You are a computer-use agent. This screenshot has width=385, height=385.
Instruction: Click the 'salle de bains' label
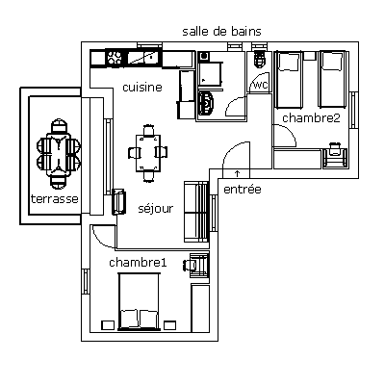pyautogui.click(x=221, y=32)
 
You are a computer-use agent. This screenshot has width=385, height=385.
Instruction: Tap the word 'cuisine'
pyautogui.click(x=142, y=88)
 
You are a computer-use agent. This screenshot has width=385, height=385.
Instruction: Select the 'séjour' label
pyautogui.click(x=156, y=209)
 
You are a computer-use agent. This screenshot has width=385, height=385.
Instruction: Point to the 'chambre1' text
pyautogui.click(x=138, y=263)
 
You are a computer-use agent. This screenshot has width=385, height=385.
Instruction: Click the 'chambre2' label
pyautogui.click(x=311, y=118)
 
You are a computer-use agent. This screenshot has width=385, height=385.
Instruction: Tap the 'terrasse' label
pyautogui.click(x=55, y=199)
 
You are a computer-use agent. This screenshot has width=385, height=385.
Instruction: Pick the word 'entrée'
pyautogui.click(x=243, y=190)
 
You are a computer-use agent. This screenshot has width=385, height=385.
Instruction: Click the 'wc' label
pyautogui.click(x=261, y=86)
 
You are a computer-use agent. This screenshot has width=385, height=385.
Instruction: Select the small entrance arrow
pyautogui.click(x=237, y=173)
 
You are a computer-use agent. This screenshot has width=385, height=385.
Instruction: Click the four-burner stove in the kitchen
pyautogui.click(x=114, y=58)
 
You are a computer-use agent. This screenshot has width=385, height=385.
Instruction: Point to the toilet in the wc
pyautogui.click(x=259, y=59)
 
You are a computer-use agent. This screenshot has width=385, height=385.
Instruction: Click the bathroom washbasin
pyautogui.click(x=206, y=103)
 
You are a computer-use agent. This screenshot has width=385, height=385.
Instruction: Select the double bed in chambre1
pyautogui.click(x=139, y=301)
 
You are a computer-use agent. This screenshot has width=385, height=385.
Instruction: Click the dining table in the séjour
pyautogui.click(x=148, y=153)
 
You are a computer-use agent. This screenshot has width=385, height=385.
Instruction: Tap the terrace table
pyautogui.click(x=58, y=154)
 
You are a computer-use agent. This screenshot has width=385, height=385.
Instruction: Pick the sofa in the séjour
pyautogui.click(x=196, y=212)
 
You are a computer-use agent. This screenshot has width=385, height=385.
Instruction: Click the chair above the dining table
pyautogui.click(x=148, y=131)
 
